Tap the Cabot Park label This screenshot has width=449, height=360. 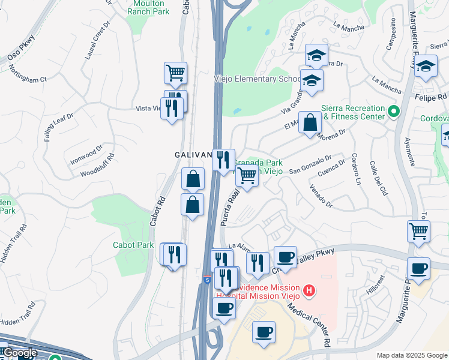click(133, 245)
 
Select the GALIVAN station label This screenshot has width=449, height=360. click(193, 155)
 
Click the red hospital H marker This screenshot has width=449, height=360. click(309, 292)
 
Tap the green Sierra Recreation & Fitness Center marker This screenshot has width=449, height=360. click(394, 112)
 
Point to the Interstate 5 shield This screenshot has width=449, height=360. click(207, 280)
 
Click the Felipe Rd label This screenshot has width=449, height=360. click(430, 97)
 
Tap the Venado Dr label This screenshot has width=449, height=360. click(321, 196)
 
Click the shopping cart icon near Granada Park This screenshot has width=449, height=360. click(247, 176)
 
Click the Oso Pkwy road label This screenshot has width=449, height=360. click(21, 49)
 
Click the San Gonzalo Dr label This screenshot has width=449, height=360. click(310, 166)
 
